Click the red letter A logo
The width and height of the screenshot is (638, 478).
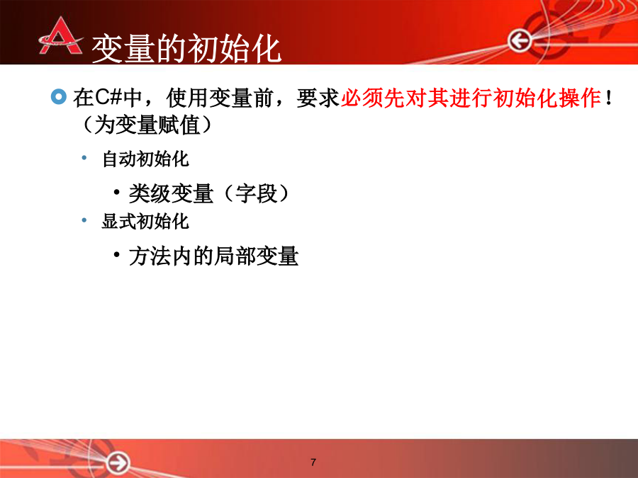pyautogui.click(x=61, y=37)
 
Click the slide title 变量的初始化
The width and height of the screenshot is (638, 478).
pyautogui.click(x=186, y=49)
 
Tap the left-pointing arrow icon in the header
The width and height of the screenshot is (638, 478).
pyautogui.click(x=520, y=40)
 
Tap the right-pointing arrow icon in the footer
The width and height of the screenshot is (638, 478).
pyautogui.click(x=118, y=462)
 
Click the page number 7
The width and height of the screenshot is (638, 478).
pyautogui.click(x=313, y=462)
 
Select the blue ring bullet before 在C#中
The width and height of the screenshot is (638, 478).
pyautogui.click(x=59, y=97)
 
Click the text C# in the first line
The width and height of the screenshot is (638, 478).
pyautogui.click(x=108, y=98)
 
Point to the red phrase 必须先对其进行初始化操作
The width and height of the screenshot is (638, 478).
pyautogui.click(x=471, y=98)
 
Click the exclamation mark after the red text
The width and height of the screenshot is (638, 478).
pyautogui.click(x=609, y=98)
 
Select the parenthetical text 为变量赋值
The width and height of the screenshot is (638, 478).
pyautogui.click(x=147, y=125)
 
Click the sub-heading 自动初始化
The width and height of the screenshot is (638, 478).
pyautogui.click(x=145, y=159)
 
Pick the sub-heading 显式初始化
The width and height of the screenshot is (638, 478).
pyautogui.click(x=145, y=222)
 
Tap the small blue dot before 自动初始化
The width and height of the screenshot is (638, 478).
pyautogui.click(x=84, y=158)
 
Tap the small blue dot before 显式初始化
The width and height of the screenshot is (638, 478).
pyautogui.click(x=84, y=220)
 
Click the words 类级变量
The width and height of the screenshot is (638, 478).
pyautogui.click(x=171, y=193)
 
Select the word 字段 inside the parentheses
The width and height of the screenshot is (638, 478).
pyautogui.click(x=257, y=193)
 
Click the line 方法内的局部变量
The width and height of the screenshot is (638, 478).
pyautogui.click(x=213, y=256)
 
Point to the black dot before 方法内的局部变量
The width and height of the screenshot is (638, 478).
pyautogui.click(x=117, y=255)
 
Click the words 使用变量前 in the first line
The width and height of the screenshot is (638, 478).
pyautogui.click(x=219, y=98)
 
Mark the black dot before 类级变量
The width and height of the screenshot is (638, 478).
pyautogui.click(x=117, y=192)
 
